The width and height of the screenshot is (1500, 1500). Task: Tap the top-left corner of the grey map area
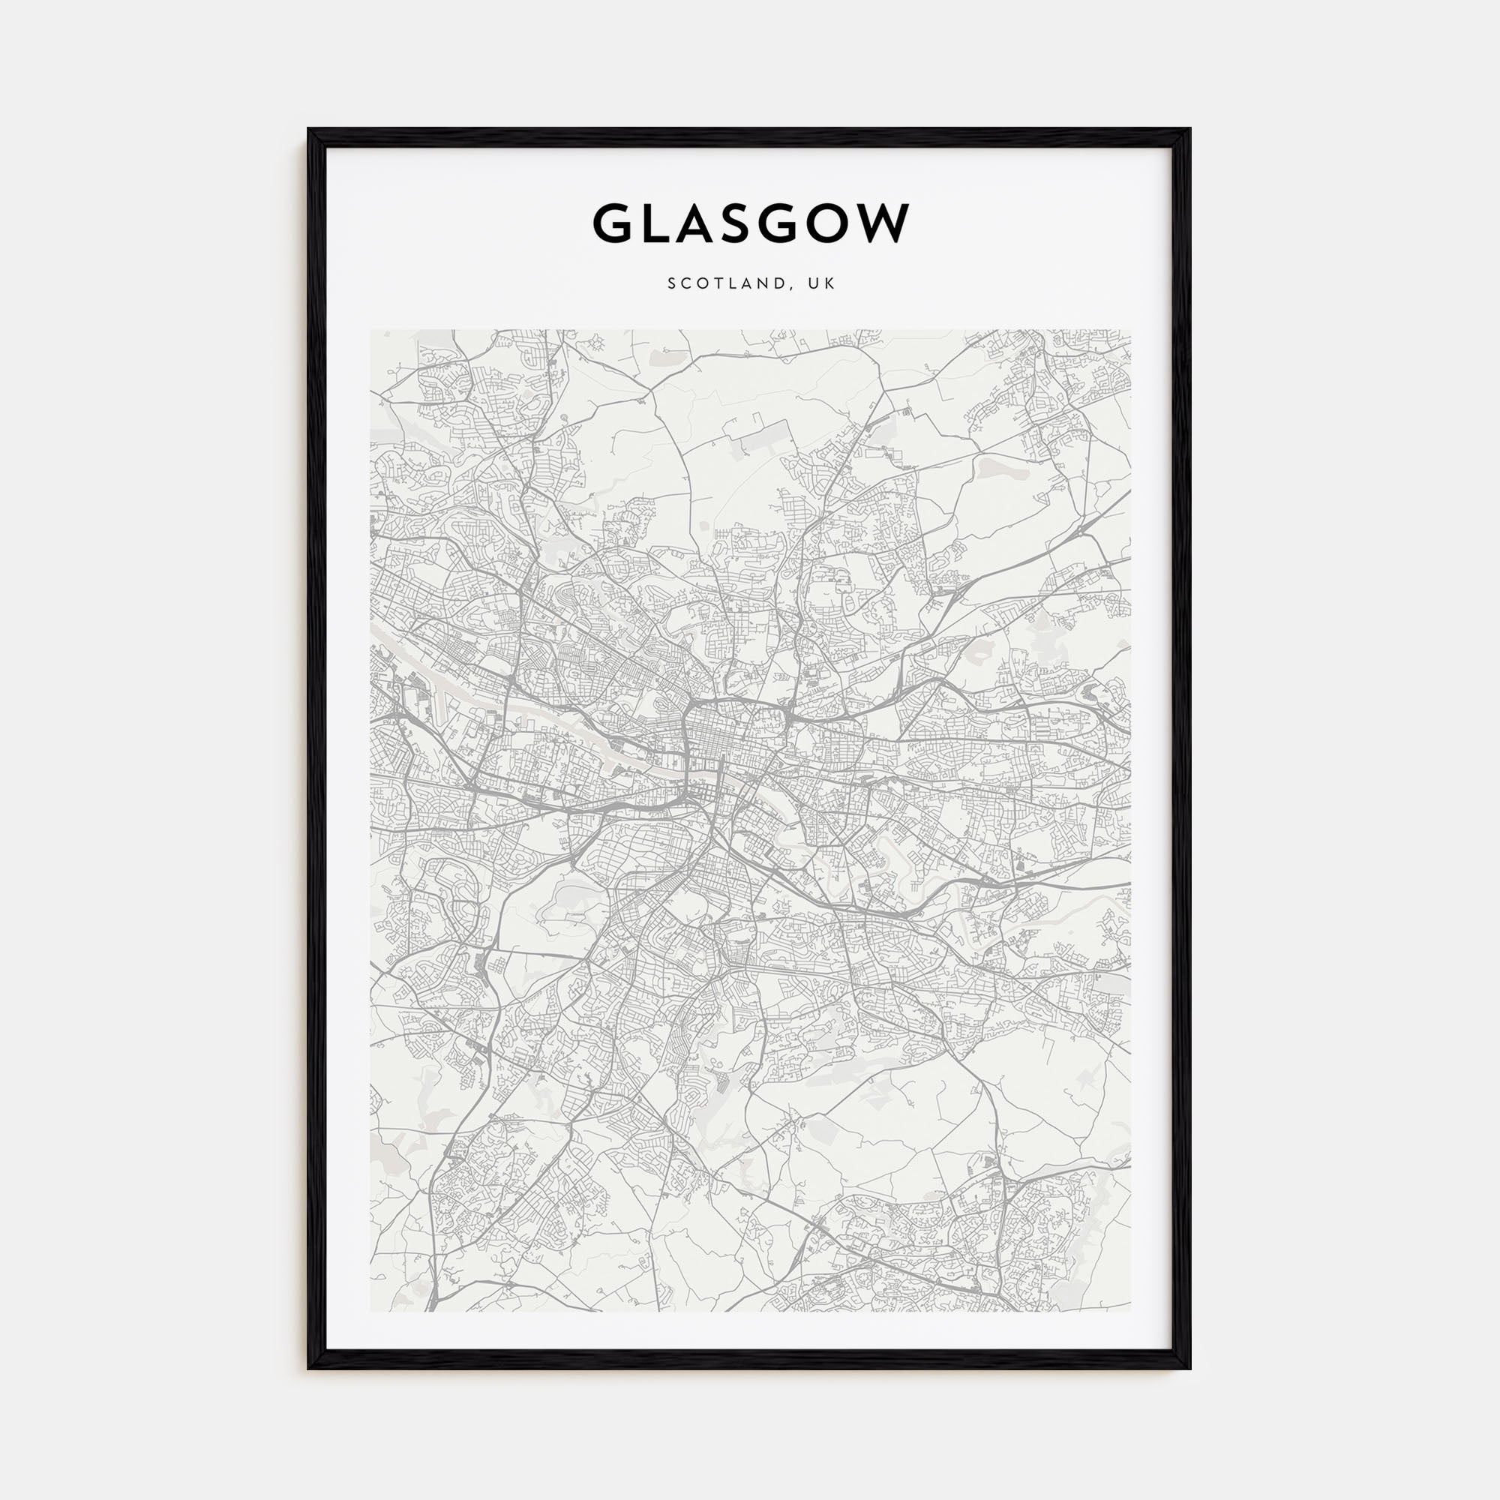[x=371, y=331]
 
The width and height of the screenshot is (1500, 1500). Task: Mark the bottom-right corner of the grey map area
[x=1129, y=1311]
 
